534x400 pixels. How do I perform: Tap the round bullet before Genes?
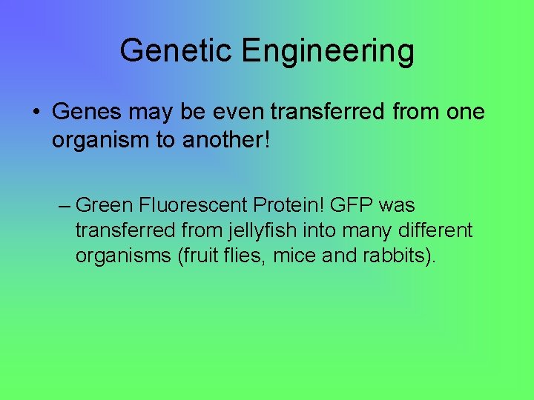[x=36, y=113]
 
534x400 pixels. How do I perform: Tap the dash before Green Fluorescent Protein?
[x=64, y=205]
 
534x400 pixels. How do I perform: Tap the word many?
[x=360, y=230]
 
